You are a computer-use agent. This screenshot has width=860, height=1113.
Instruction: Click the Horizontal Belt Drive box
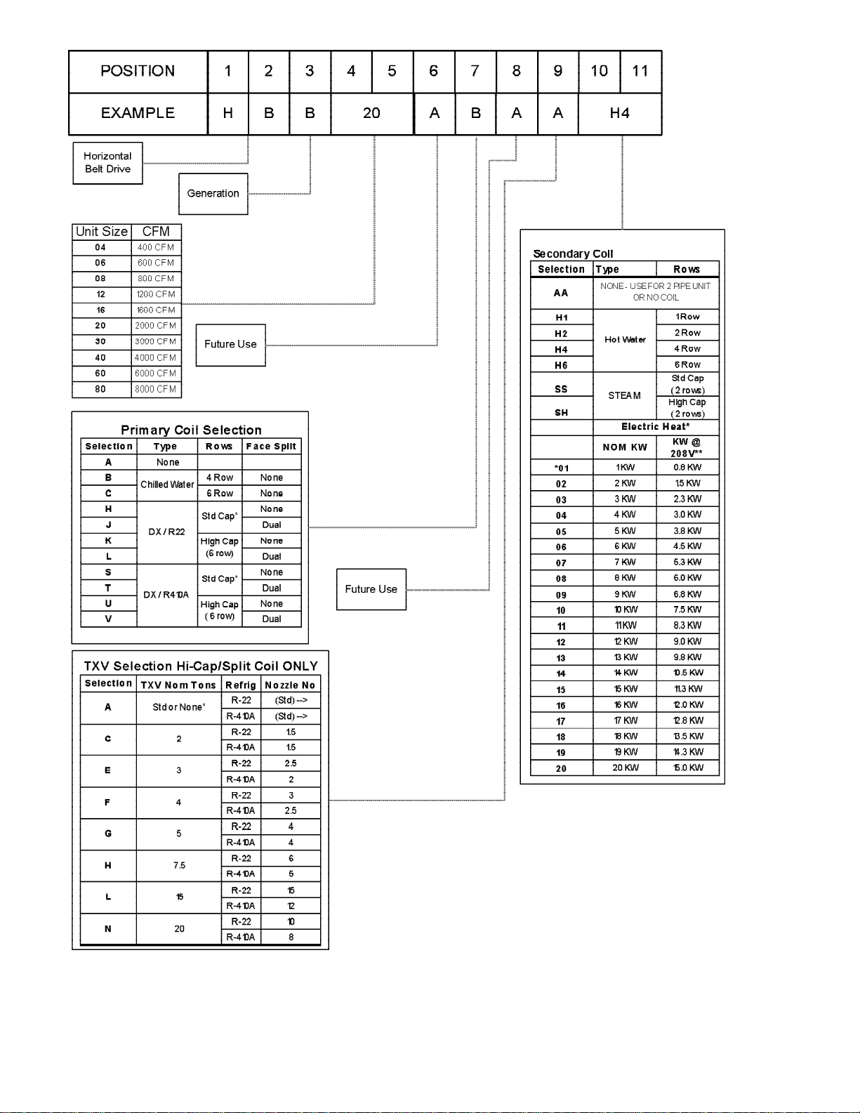(x=107, y=163)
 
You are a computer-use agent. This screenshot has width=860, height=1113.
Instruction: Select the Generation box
(x=213, y=194)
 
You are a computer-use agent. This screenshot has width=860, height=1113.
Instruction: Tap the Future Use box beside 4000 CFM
(x=230, y=345)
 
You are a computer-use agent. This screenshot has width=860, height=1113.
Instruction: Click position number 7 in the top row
(x=475, y=71)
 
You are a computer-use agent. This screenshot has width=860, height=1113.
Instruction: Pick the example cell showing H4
(x=619, y=113)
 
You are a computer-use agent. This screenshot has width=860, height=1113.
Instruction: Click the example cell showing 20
(x=371, y=113)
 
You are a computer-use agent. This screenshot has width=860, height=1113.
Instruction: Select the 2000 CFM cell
(x=156, y=326)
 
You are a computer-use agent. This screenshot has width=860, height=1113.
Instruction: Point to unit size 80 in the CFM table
(x=101, y=389)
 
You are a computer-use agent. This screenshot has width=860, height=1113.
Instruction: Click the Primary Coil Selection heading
(x=191, y=430)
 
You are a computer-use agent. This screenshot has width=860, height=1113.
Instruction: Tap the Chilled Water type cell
(x=167, y=485)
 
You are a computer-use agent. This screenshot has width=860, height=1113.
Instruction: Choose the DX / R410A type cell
(x=166, y=595)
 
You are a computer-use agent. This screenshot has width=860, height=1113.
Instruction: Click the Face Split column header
(x=271, y=447)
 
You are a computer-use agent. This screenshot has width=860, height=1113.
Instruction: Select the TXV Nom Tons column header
(x=178, y=685)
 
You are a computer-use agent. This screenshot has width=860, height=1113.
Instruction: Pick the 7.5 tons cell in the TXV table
(x=179, y=866)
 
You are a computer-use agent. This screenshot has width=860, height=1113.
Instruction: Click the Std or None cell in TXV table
(x=179, y=707)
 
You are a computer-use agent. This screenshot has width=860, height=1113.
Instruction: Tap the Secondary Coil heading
(x=573, y=253)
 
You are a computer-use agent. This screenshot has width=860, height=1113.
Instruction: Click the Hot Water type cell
(x=625, y=340)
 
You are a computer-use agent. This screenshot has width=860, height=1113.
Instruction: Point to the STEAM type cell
(x=624, y=396)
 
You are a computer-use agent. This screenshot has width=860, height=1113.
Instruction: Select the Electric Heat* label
(x=655, y=427)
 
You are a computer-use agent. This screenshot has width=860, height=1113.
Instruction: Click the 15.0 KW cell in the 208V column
(x=688, y=768)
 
